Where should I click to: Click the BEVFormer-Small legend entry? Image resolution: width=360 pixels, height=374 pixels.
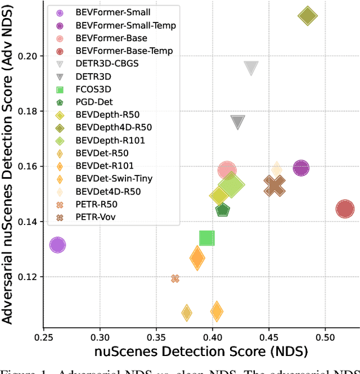coord(106,12)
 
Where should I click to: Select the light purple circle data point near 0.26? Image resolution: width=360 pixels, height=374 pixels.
coord(57,245)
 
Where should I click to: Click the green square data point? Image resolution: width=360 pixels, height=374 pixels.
coord(207,238)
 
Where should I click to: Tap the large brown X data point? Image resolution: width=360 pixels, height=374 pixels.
coord(274,186)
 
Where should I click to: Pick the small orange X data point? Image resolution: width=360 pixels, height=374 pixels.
coord(175,278)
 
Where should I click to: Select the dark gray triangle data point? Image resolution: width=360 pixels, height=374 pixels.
coord(238,123)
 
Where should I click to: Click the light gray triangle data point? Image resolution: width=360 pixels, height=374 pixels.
coord(251,68)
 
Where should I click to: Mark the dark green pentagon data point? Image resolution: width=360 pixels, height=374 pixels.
coord(223,210)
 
